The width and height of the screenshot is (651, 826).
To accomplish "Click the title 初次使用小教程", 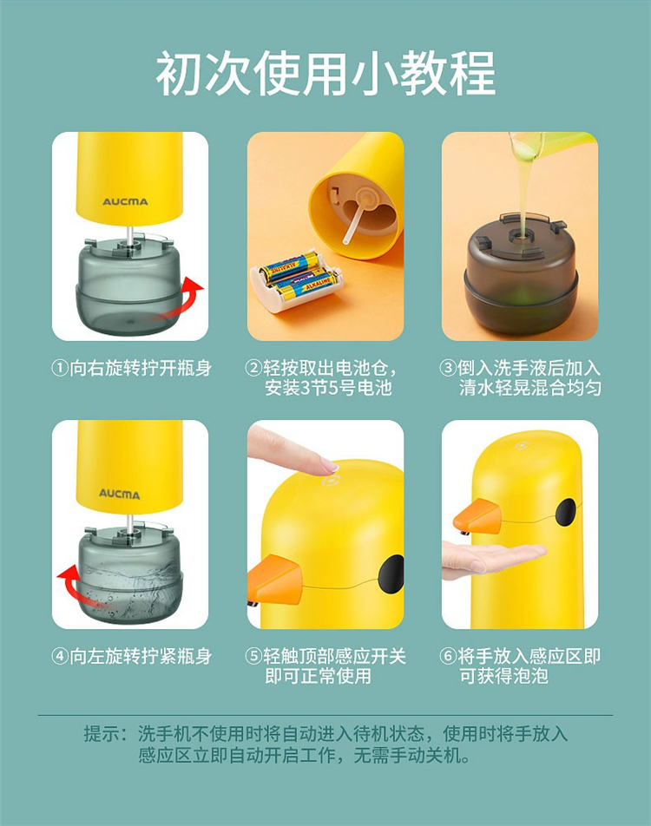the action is (325, 73).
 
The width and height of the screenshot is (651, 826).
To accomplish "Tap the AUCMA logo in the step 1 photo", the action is (125, 202).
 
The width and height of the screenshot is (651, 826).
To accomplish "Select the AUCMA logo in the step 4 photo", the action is (120, 495).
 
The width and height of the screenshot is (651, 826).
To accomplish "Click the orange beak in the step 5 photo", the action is (273, 579).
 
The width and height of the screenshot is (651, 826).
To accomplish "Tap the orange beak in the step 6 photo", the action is (477, 516).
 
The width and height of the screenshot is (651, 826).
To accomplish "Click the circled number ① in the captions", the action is (60, 368).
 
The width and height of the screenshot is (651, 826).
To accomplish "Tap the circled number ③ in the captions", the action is (448, 368).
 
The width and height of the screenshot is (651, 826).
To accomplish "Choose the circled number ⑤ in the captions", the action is (254, 656).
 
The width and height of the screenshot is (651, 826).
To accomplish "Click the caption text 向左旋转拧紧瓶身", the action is (141, 656).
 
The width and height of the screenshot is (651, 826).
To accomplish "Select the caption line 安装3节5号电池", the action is (328, 388).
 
